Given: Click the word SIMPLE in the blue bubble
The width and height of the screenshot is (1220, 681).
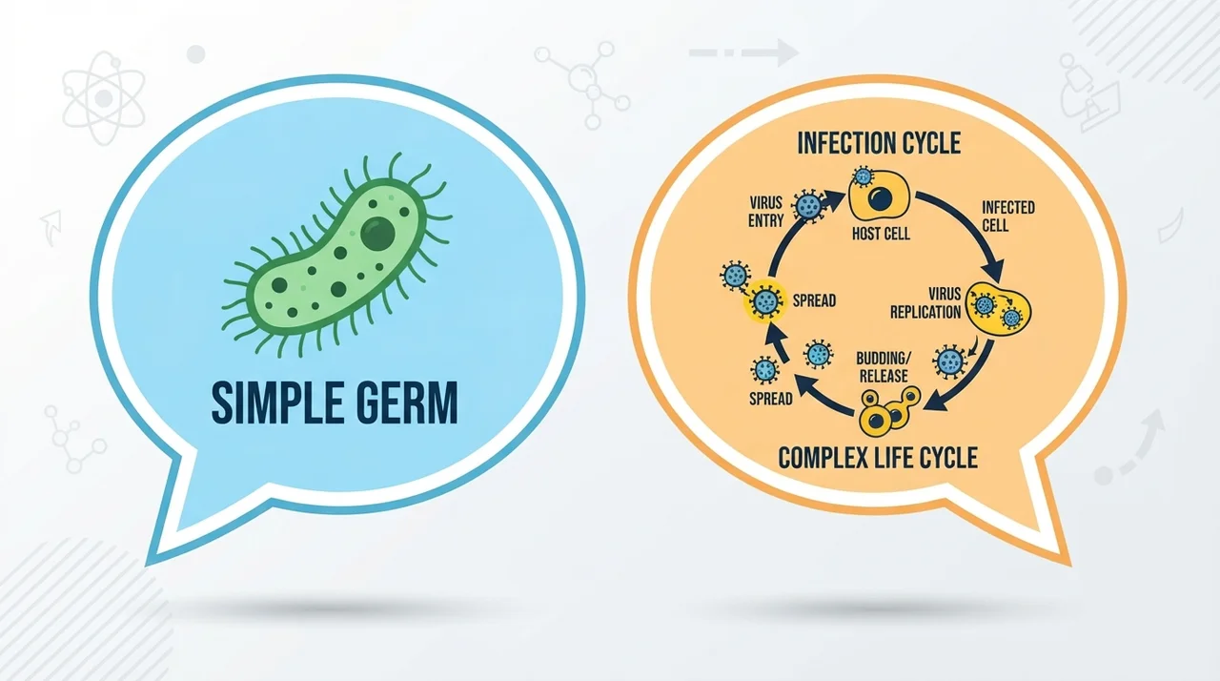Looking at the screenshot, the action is pyautogui.click(x=273, y=403).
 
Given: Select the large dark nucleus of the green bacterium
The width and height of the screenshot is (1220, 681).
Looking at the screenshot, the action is pyautogui.click(x=377, y=233).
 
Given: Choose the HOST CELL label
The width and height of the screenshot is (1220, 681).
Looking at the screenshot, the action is pyautogui.click(x=881, y=234).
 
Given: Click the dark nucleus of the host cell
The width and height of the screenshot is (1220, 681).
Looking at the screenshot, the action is pyautogui.click(x=880, y=198).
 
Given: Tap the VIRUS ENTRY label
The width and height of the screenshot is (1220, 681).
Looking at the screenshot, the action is pyautogui.click(x=765, y=212).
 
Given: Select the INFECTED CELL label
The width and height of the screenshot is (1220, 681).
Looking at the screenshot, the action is pyautogui.click(x=1007, y=217).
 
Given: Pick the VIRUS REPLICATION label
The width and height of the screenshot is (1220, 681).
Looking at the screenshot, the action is pyautogui.click(x=925, y=303).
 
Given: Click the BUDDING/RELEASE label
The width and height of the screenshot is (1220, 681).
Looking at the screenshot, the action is pyautogui.click(x=883, y=367).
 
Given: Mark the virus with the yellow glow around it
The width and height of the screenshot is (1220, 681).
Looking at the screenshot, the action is pyautogui.click(x=765, y=300).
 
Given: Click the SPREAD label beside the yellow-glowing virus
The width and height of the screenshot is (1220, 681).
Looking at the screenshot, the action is pyautogui.click(x=814, y=300).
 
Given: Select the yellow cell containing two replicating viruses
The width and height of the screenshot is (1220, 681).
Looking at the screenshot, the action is pyautogui.click(x=998, y=308).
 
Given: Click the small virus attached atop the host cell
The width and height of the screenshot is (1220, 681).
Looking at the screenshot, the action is pyautogui.click(x=863, y=176).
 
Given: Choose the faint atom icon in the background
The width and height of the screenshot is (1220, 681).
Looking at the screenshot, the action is pyautogui.click(x=103, y=98).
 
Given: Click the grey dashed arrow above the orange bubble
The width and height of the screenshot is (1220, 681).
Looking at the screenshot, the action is pyautogui.click(x=744, y=52).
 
